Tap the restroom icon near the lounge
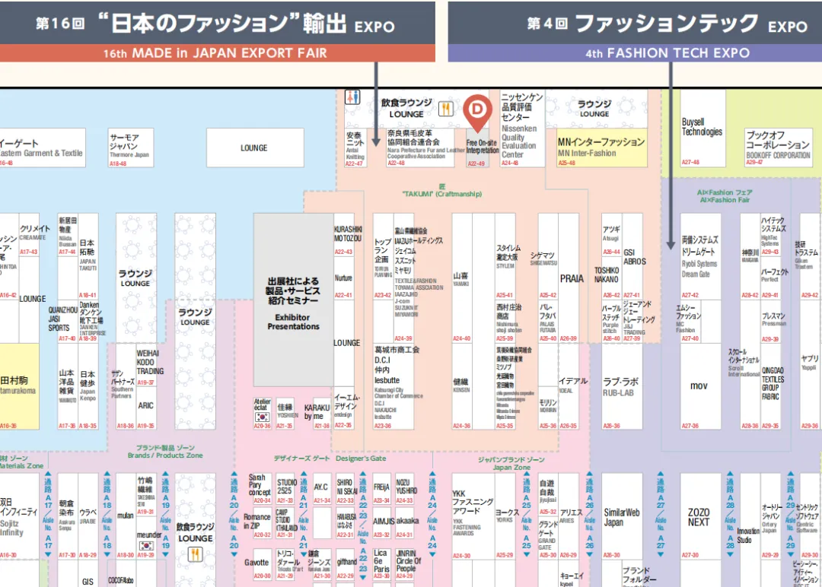click(x=352, y=97)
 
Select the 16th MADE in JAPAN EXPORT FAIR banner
click(x=216, y=53)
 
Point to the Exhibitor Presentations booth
click(x=293, y=300)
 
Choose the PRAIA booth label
click(x=572, y=279)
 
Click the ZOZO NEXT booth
click(x=698, y=517)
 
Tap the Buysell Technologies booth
click(x=702, y=127)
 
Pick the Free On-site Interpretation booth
click(x=483, y=147)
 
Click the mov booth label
click(x=699, y=386)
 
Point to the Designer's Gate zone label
click(x=330, y=458)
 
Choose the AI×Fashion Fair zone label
click(x=725, y=196)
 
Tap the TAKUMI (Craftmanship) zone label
click(x=441, y=191)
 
